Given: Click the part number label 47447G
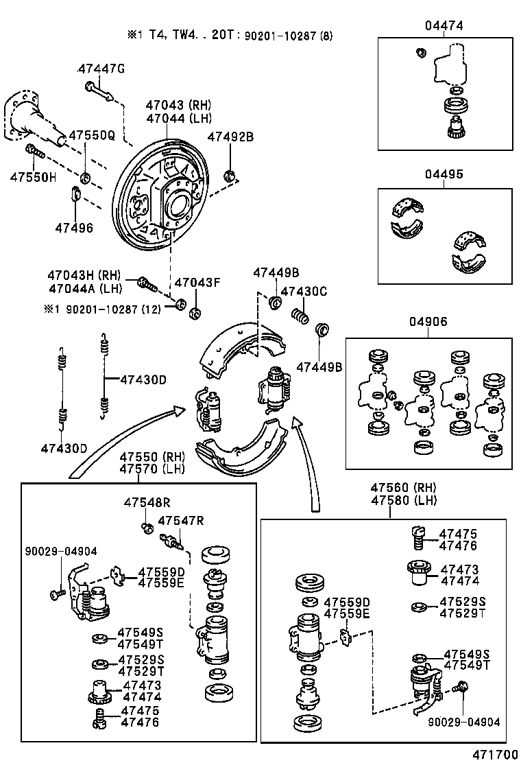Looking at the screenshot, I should (x=101, y=69).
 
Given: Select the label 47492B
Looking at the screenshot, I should (x=230, y=137).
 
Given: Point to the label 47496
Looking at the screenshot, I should (x=73, y=227).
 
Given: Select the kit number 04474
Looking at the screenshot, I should (x=444, y=25).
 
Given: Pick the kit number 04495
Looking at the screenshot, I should (x=444, y=174).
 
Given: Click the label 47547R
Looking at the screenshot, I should (x=181, y=520).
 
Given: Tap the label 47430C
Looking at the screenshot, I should (x=304, y=292).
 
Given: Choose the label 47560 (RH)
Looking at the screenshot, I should (x=404, y=487).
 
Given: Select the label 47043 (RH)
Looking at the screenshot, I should (x=178, y=105).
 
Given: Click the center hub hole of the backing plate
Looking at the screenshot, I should (x=179, y=203).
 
